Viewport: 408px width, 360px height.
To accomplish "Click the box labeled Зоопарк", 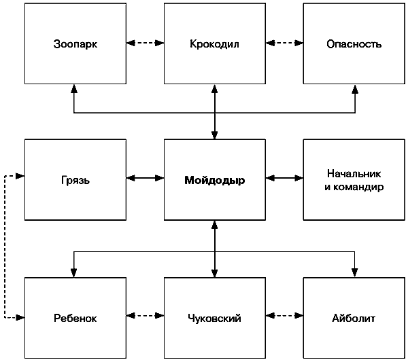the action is pyautogui.click(x=75, y=43).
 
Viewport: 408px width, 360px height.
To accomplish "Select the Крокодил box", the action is pyautogui.click(x=215, y=43).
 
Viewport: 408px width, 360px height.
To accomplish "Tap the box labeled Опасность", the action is pyautogui.click(x=354, y=43).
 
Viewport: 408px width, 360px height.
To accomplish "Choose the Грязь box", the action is pyautogui.click(x=75, y=179).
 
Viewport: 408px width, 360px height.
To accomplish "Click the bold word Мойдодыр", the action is pyautogui.click(x=215, y=180).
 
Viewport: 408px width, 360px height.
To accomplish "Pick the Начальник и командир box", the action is pyautogui.click(x=354, y=179).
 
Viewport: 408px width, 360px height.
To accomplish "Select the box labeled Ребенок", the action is pyautogui.click(x=75, y=318).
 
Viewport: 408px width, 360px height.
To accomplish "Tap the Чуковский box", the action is pyautogui.click(x=215, y=318).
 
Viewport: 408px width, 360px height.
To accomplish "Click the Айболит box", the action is pyautogui.click(x=354, y=318).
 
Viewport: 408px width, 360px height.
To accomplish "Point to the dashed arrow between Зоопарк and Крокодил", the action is pyautogui.click(x=146, y=43).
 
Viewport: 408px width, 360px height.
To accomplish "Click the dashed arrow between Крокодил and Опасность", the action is pyautogui.click(x=284, y=43).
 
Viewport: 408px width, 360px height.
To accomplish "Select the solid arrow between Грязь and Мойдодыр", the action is pyautogui.click(x=146, y=178).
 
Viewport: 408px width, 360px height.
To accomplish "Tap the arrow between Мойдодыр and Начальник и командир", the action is pyautogui.click(x=284, y=178).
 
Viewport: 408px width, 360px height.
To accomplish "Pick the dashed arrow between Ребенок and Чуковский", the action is pyautogui.click(x=146, y=316).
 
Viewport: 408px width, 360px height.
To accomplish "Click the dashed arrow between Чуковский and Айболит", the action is pyautogui.click(x=284, y=316).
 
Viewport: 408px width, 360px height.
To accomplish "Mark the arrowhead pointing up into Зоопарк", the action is pyautogui.click(x=74, y=88).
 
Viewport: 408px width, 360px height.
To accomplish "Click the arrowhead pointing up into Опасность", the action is pyautogui.click(x=355, y=88).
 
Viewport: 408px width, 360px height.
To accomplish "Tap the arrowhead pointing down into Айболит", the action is pyautogui.click(x=355, y=272).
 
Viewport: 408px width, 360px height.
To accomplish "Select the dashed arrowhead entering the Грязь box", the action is pyautogui.click(x=20, y=176).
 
